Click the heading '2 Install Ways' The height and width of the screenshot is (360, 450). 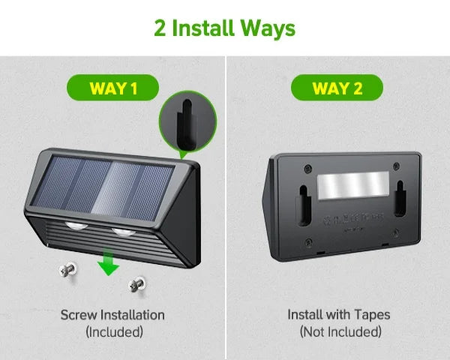(224, 28)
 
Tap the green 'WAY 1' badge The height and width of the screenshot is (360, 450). (113, 88)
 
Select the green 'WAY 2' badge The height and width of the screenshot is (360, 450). (337, 88)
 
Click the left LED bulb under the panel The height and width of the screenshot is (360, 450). (76, 227)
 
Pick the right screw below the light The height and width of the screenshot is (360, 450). (136, 283)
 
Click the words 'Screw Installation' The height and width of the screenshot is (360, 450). (112, 314)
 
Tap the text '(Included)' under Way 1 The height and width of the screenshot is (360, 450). (113, 331)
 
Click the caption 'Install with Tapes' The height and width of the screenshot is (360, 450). (339, 314)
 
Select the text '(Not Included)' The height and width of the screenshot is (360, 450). (339, 331)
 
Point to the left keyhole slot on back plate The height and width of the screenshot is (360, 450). (303, 200)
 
